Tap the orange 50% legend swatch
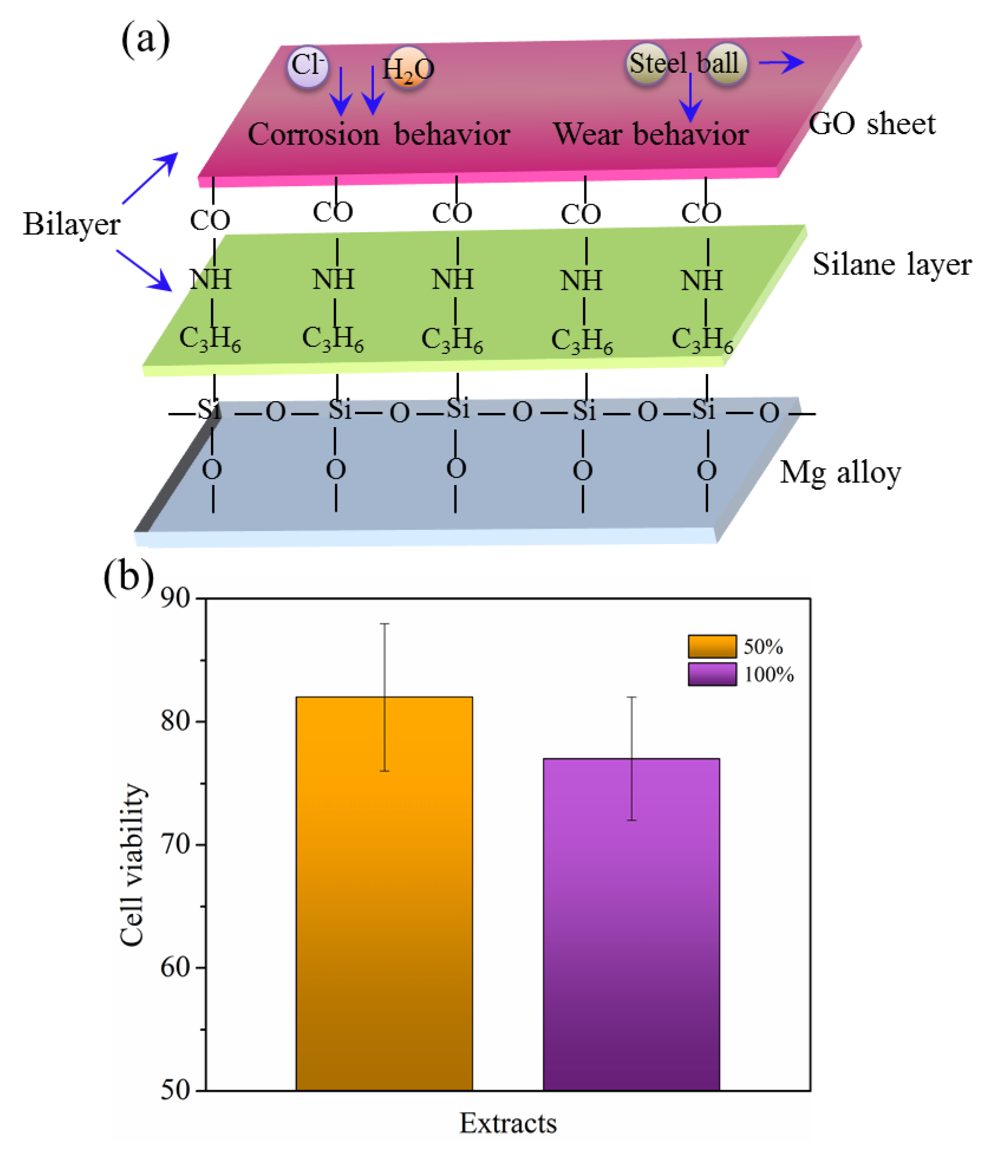tap(712, 646)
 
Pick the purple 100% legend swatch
tap(712, 674)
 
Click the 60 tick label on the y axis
tap(176, 967)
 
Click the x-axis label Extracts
tap(508, 1123)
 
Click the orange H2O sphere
tap(409, 68)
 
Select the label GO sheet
tap(871, 124)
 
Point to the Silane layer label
tap(892, 264)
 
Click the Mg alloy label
tap(840, 473)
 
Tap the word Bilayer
tap(71, 224)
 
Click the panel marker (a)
tap(145, 39)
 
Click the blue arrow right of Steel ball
tap(781, 62)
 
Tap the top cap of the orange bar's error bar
tap(384, 624)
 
